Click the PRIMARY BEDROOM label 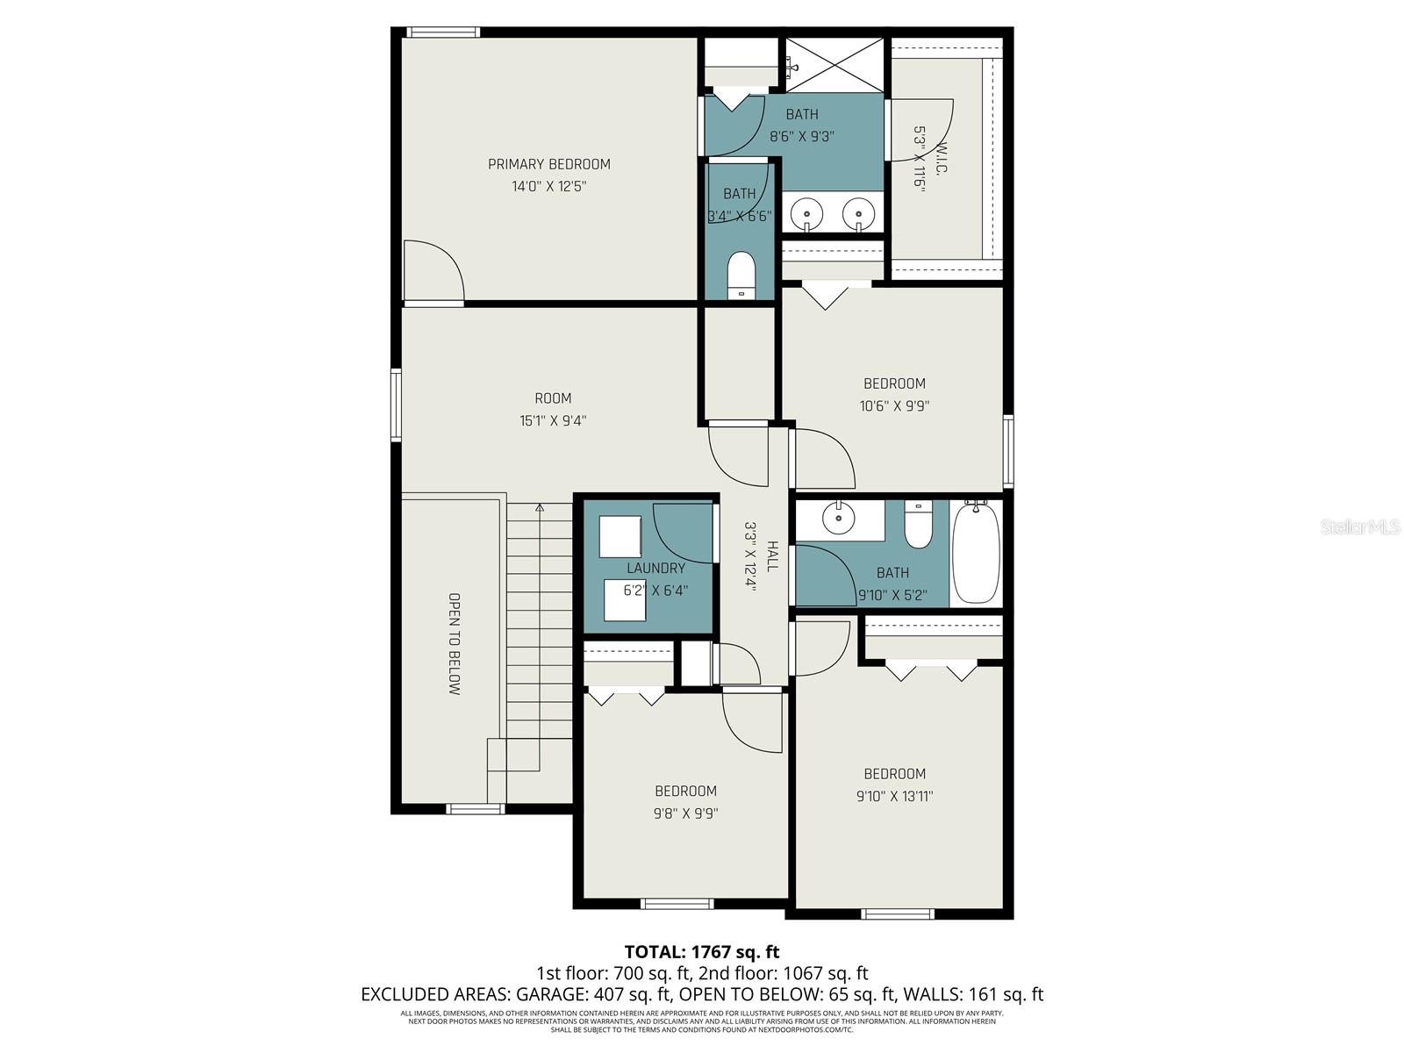click(548, 164)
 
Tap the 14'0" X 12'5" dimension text click(548, 186)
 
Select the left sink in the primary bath click(806, 213)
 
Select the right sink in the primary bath click(858, 213)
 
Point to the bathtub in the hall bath click(976, 553)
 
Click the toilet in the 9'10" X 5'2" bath click(918, 526)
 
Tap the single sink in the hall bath click(839, 518)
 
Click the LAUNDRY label click(655, 568)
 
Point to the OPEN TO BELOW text click(454, 644)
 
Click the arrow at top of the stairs click(540, 507)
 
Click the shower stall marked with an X click(834, 64)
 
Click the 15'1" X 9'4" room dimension click(553, 420)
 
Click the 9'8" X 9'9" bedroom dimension click(685, 813)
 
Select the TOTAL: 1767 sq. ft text click(701, 951)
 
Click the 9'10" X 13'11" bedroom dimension click(894, 796)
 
